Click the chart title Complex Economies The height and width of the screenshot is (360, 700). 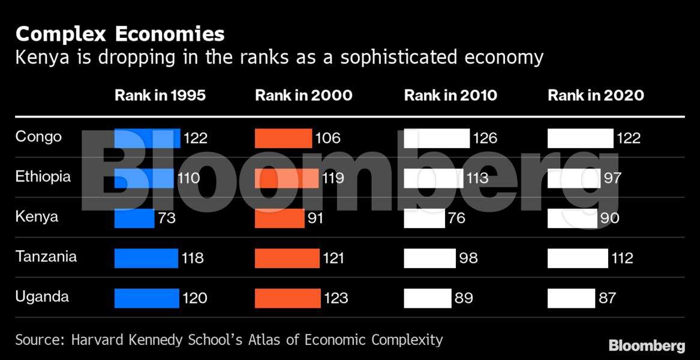tap(120, 34)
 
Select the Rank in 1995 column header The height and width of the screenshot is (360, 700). tap(160, 95)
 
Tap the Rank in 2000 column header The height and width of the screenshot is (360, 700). tap(304, 95)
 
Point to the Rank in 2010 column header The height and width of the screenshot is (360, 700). tap(450, 95)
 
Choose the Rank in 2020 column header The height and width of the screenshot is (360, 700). tap(596, 95)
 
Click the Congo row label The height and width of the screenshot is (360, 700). tap(38, 137)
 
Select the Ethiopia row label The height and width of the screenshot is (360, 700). tap(43, 176)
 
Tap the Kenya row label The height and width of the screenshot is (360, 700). tap(37, 217)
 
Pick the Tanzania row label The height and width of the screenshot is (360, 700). tap(46, 257)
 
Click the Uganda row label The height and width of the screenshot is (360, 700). tap(42, 296)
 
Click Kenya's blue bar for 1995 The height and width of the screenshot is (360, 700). tap(134, 218)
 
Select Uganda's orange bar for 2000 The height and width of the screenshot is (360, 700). tap(288, 298)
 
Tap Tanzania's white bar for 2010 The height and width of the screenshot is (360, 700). tap(429, 258)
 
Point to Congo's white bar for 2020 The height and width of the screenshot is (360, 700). tap(580, 138)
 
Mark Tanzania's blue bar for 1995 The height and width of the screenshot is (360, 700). tap(146, 258)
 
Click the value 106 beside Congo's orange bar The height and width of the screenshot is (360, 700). tap(328, 138)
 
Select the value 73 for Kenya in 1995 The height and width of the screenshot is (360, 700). tap(167, 218)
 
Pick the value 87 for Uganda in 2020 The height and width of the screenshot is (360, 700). tap(607, 298)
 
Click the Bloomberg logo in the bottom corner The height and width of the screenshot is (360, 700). tap(647, 346)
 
